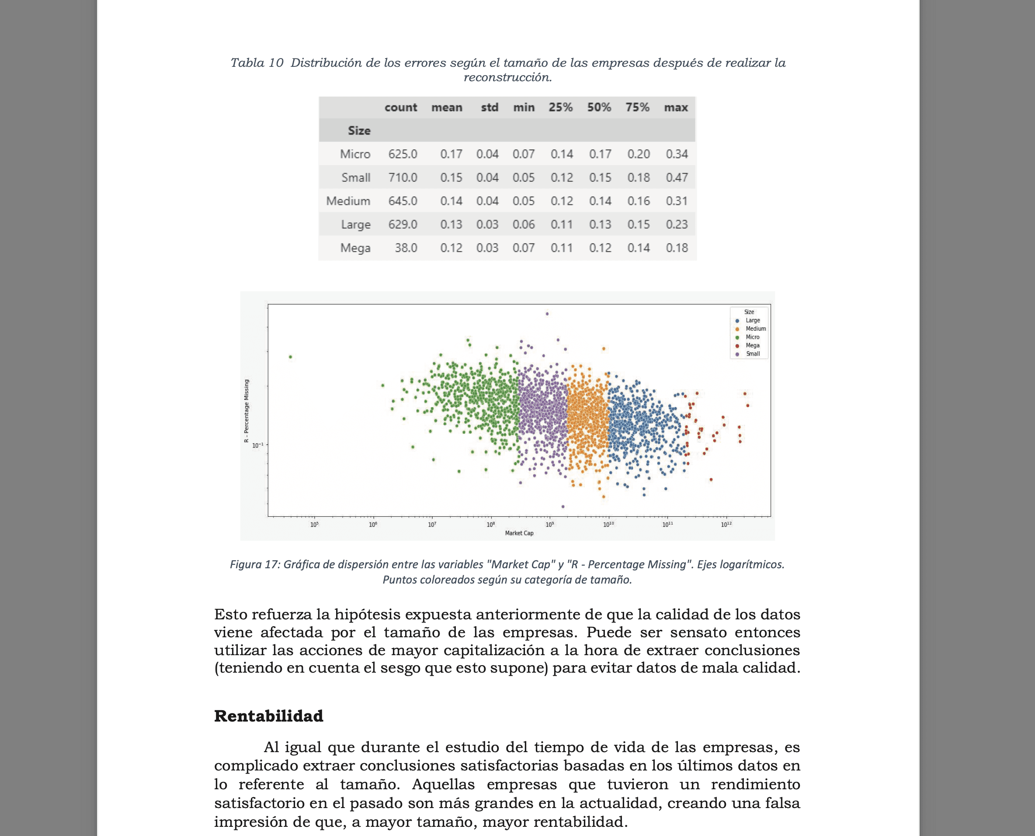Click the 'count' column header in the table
coord(400,107)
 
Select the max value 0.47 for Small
coord(677,178)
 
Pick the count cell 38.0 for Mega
coord(406,248)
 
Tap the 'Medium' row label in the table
coord(348,201)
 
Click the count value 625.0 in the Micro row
coord(403,154)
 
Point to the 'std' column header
coord(489,107)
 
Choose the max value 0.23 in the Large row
coord(677,225)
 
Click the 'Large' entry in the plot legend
coord(752,320)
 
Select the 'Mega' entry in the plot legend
coord(752,345)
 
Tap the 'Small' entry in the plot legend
coord(753,354)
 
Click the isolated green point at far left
coord(290,357)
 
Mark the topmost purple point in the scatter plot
coord(547,314)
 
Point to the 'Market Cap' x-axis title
coord(519,533)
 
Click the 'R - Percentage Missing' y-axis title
coord(246,410)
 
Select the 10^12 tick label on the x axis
coord(726,525)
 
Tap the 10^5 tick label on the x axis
coord(314,525)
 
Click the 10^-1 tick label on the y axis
coord(258,445)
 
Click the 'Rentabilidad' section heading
coord(268,716)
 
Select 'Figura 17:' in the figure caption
coord(254,564)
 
